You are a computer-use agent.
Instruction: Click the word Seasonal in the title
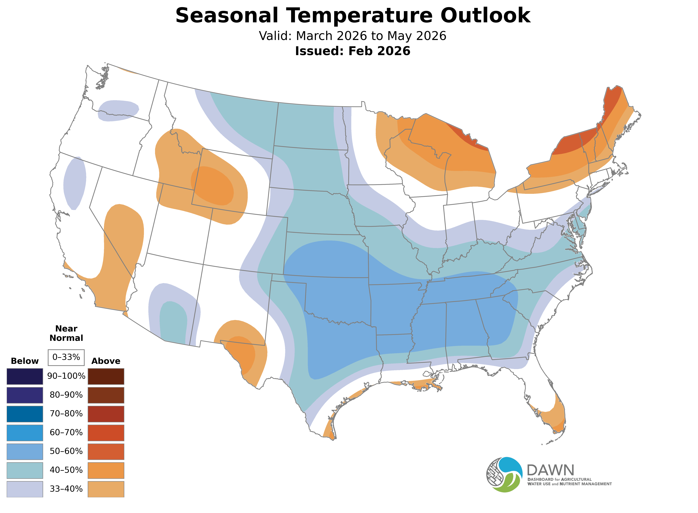coord(227,16)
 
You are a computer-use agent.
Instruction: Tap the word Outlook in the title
coord(485,16)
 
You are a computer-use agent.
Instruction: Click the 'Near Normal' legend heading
coord(66,333)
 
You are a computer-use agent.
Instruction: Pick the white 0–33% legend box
coord(66,357)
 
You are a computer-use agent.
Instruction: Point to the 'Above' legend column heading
coord(106,361)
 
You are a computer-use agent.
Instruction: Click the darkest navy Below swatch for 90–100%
coord(25,376)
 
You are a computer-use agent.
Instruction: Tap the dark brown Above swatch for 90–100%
coord(106,376)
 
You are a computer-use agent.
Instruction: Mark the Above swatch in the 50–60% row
coord(106,451)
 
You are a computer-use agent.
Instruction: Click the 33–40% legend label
coord(66,489)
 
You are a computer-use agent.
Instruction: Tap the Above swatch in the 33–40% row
coord(106,489)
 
